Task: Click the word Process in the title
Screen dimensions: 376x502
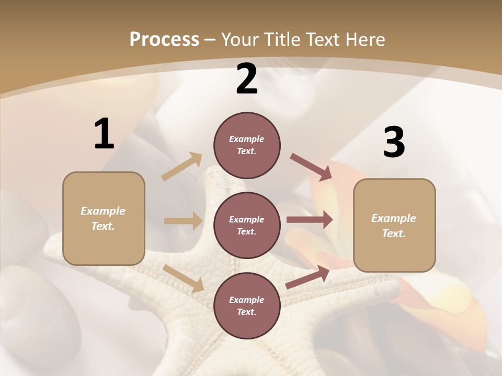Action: click(x=164, y=40)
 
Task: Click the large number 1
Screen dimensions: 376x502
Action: click(x=104, y=134)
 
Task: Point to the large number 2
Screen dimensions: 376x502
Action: click(x=247, y=79)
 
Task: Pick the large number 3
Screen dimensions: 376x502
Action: click(x=394, y=143)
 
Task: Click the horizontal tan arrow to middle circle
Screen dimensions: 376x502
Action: click(x=183, y=221)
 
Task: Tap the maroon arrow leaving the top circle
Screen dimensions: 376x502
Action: click(x=311, y=167)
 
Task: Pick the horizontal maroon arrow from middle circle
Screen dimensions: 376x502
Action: click(x=310, y=220)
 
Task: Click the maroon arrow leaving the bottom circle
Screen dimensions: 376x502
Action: click(x=307, y=277)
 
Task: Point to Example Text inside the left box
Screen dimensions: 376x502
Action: click(x=103, y=218)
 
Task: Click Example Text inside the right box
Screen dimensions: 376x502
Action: click(x=394, y=226)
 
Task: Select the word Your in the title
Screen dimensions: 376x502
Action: click(x=241, y=40)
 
